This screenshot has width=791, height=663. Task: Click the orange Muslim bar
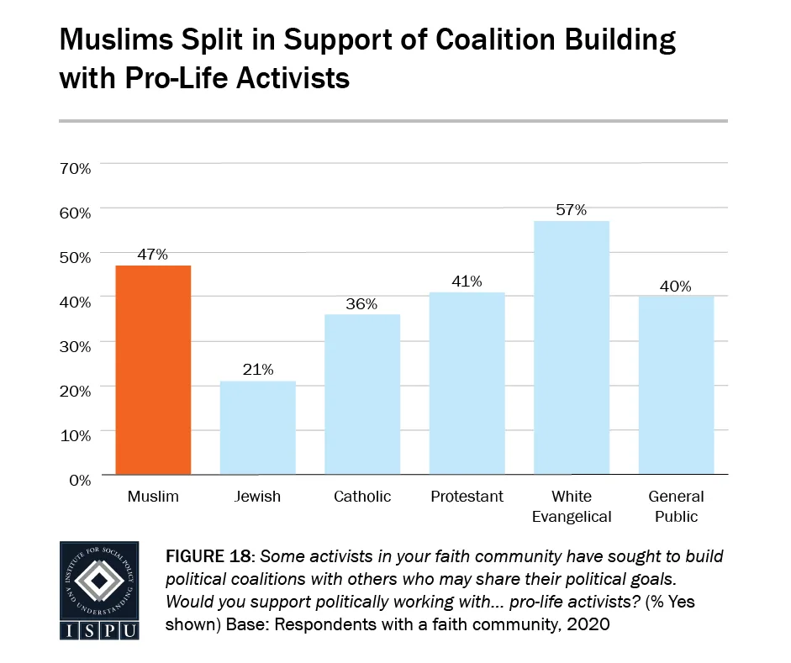click(154, 371)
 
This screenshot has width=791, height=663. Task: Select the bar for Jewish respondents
click(258, 428)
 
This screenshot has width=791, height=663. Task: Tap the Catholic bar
click(361, 394)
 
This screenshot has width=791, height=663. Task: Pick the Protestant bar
click(466, 383)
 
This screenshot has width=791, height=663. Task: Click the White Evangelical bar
click(571, 348)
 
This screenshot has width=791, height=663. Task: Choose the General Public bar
click(676, 385)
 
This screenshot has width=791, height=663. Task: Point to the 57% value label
click(571, 210)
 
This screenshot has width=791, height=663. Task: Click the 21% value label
click(257, 370)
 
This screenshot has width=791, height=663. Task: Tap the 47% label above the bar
click(154, 254)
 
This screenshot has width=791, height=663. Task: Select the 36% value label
click(361, 303)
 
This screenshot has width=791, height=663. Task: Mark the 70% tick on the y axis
click(75, 168)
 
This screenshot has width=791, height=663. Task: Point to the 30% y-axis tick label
click(75, 346)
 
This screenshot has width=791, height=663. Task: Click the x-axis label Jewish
click(258, 497)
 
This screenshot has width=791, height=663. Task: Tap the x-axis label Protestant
click(466, 497)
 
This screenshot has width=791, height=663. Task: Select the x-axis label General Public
click(676, 506)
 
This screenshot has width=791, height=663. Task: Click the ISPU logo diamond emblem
click(100, 580)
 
